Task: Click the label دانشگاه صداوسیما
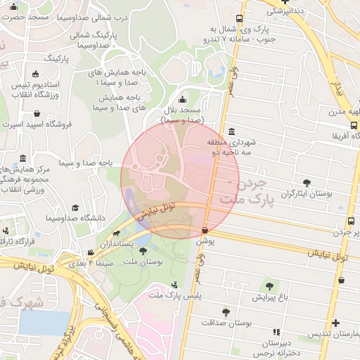(75, 219)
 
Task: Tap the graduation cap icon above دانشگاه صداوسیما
(76, 208)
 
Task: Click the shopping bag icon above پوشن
(205, 230)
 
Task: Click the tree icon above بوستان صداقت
(226, 311)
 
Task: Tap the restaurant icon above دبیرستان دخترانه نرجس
(276, 331)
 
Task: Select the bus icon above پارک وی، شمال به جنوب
(240, 19)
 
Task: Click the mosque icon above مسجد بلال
(183, 100)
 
